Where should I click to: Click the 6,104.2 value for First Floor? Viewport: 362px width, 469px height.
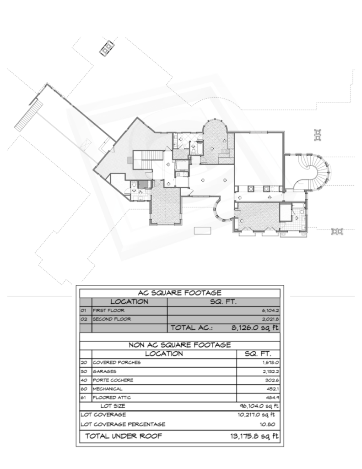(270, 311)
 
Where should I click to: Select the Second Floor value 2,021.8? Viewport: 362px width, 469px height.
(270, 319)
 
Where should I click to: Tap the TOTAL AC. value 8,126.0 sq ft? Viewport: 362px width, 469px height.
(255, 328)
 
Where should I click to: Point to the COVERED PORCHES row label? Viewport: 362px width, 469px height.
(117, 363)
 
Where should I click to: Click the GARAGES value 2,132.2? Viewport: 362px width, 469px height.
(270, 371)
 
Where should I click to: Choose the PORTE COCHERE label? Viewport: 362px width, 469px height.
(113, 380)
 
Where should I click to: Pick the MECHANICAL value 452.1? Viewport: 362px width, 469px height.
(273, 389)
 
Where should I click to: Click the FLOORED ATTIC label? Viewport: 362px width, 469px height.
(112, 398)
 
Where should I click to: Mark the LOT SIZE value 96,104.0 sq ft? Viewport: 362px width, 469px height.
(259, 406)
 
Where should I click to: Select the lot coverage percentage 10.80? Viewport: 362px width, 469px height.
(267, 424)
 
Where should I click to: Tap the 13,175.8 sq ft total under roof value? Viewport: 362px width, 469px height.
(254, 436)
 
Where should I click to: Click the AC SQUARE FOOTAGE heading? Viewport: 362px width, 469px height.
(180, 293)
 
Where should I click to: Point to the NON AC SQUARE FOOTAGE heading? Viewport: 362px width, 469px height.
(180, 345)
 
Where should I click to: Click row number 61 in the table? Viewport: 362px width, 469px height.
(83, 398)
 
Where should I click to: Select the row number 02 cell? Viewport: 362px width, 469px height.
(84, 319)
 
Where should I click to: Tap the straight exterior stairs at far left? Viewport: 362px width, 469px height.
(29, 115)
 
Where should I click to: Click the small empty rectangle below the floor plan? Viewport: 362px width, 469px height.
(202, 230)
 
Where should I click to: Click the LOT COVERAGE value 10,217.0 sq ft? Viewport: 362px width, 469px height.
(256, 415)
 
